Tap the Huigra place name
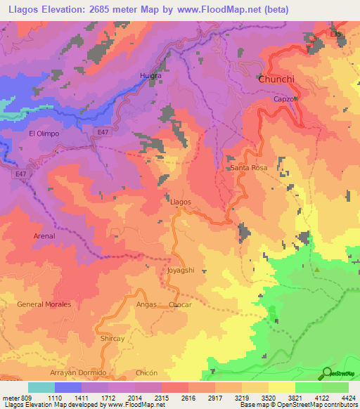tap(150, 75)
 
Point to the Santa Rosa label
tap(249, 169)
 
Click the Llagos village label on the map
tap(181, 202)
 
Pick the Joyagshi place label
tap(181, 270)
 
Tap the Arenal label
tap(44, 236)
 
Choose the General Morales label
tap(44, 304)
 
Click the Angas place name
tap(146, 304)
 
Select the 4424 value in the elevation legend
tap(349, 398)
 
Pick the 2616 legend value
tap(188, 398)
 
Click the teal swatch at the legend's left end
tap(41, 387)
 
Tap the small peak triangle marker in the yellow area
tap(317, 269)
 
